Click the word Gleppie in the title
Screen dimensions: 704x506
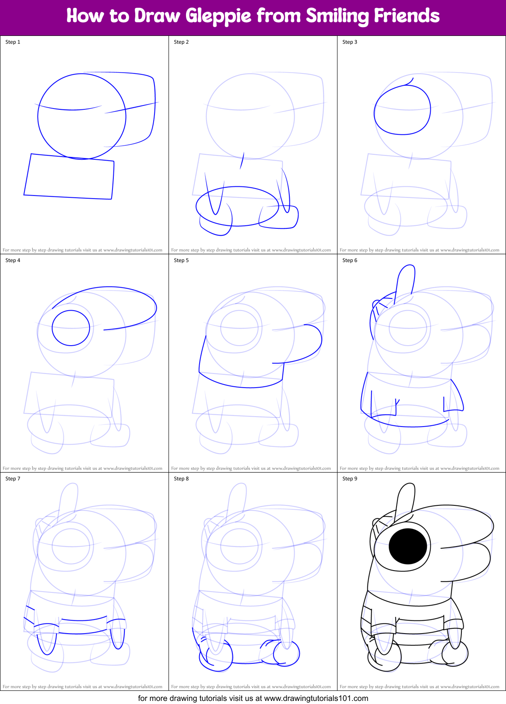point(218,16)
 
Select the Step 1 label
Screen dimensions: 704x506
point(13,42)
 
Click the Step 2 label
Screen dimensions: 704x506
point(181,42)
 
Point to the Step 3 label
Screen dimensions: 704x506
point(350,42)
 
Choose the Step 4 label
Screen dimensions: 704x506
point(13,260)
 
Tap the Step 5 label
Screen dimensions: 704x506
point(181,260)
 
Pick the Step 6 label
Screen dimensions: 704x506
point(350,260)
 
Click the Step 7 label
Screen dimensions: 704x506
point(13,479)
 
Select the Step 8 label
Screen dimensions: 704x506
point(181,479)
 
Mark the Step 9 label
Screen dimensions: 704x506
point(350,479)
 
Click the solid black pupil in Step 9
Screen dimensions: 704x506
point(408,546)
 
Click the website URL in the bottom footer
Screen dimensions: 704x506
point(316,698)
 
